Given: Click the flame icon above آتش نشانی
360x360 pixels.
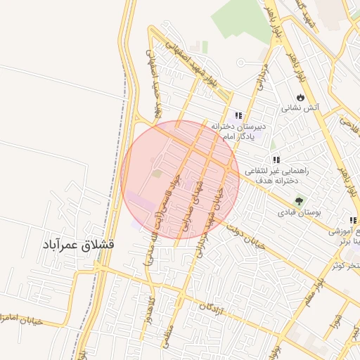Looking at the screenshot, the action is pyautogui.click(x=300, y=97).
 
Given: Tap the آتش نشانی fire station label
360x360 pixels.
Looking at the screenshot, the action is pyautogui.click(x=300, y=108).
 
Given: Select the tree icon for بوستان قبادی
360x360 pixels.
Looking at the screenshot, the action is pyautogui.click(x=299, y=201).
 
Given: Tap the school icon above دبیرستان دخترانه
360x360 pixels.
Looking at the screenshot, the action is pyautogui.click(x=239, y=115).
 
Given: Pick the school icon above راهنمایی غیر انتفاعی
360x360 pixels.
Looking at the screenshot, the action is pyautogui.click(x=276, y=160).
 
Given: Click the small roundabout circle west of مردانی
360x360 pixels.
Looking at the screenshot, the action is pyautogui.click(x=240, y=62).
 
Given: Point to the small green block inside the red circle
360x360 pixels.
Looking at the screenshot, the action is pyautogui.click(x=157, y=173).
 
